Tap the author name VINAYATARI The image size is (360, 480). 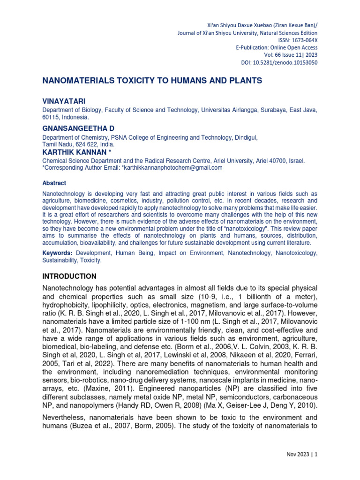pos(64,101)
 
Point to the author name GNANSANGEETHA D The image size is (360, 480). pos(79,128)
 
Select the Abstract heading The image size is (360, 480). pos(54,183)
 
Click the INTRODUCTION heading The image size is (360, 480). pos(69,276)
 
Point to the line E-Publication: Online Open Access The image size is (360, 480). pos(277,48)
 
